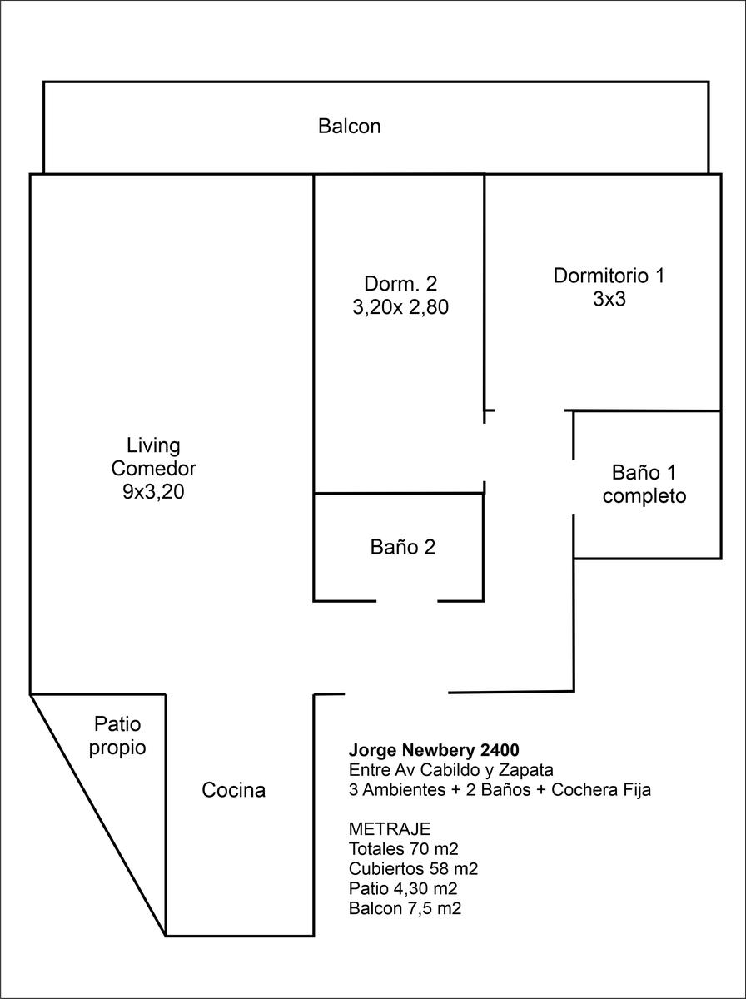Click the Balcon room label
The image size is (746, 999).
[x=349, y=126]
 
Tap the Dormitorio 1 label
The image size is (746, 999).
[x=609, y=276]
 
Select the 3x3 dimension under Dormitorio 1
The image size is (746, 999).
[x=609, y=299]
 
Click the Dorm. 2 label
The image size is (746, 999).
[x=400, y=284]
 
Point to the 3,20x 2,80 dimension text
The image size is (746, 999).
[x=400, y=307]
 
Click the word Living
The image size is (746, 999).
[x=153, y=445]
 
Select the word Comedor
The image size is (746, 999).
[x=153, y=469]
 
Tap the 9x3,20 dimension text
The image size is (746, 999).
[x=153, y=492]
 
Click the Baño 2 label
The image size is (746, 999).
[x=403, y=547]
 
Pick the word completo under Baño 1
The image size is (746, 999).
[x=644, y=496]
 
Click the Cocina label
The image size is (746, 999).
[x=233, y=790]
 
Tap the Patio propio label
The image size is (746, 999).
[x=117, y=736]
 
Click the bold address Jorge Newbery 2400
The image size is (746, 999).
[x=434, y=749]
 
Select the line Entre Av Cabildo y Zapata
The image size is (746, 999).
[x=451, y=769]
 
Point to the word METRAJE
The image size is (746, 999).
[x=390, y=829]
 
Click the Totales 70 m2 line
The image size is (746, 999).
[x=403, y=849]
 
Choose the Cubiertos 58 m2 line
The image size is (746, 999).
[x=413, y=869]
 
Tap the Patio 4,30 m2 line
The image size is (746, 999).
[x=403, y=888]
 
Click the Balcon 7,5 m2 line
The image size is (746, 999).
[x=405, y=908]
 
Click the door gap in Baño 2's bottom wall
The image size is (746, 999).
[x=406, y=601]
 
